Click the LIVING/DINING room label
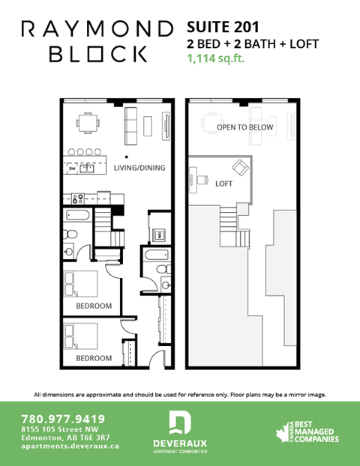[x=139, y=168]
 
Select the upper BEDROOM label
[x=93, y=306]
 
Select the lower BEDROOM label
[x=93, y=358]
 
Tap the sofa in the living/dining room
[x=130, y=126]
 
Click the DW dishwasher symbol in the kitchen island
[x=72, y=169]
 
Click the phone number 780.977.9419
[x=62, y=419]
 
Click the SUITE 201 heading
[x=218, y=28]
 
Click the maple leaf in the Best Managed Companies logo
[x=283, y=430]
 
